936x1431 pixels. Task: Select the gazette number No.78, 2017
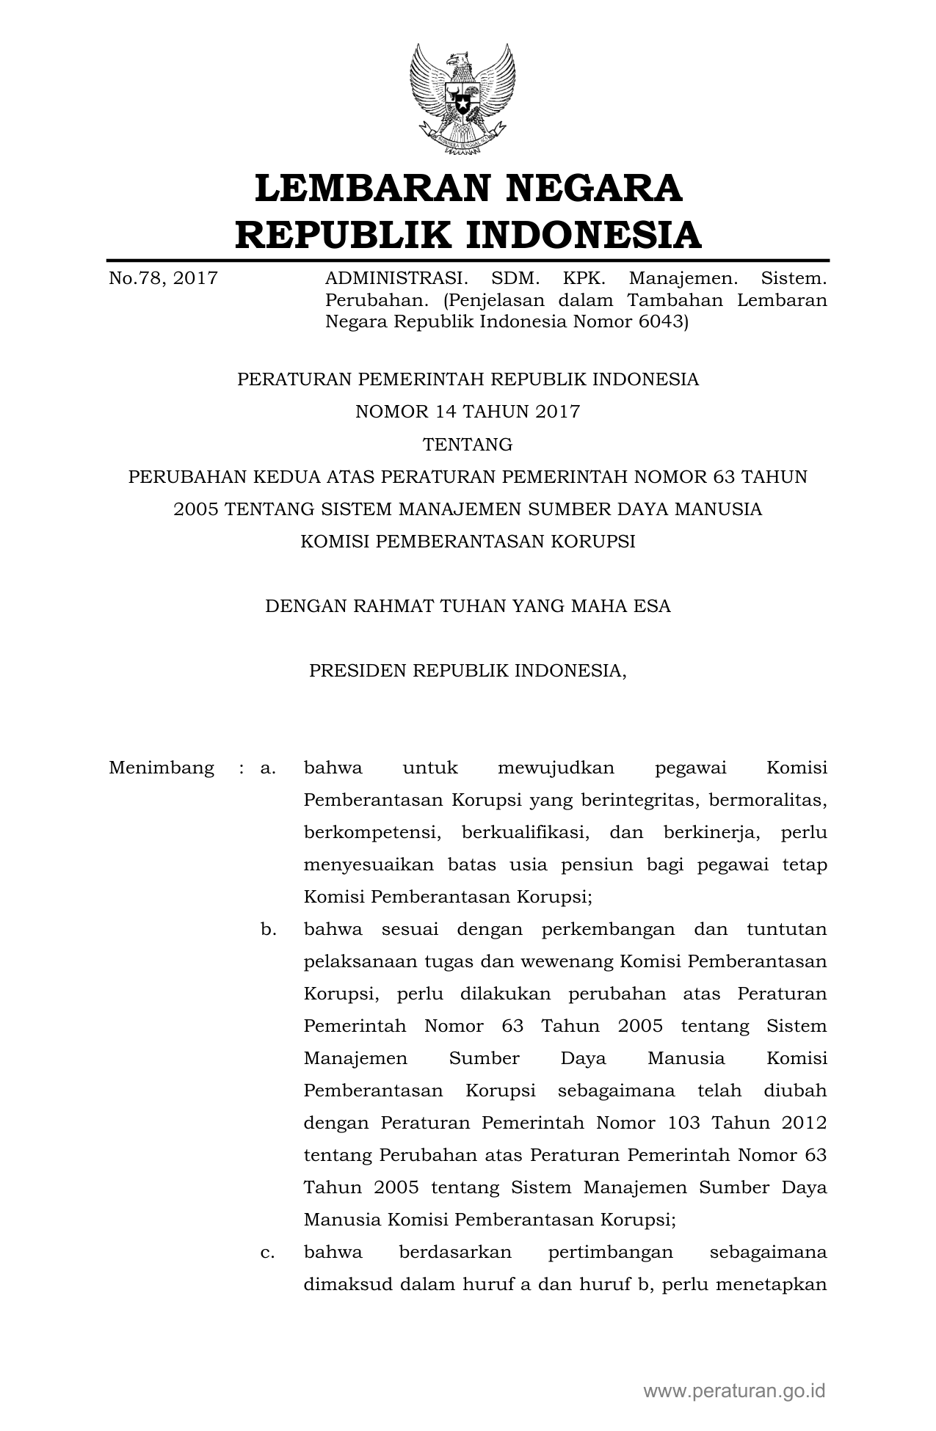(x=163, y=278)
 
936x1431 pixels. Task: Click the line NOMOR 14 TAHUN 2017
(x=468, y=412)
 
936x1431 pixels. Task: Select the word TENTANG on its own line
(x=468, y=445)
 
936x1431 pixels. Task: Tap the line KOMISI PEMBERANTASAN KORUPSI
(x=468, y=542)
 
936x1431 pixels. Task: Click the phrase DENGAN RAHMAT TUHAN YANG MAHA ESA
(x=468, y=606)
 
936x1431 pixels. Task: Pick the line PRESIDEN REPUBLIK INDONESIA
(x=468, y=671)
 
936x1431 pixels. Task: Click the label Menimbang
(x=162, y=768)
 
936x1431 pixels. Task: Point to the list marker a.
(x=268, y=768)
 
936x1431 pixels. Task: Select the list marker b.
(x=268, y=930)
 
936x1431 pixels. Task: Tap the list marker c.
(x=268, y=1253)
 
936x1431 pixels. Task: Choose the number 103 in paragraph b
(x=683, y=1123)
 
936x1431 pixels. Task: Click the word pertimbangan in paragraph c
(x=610, y=1252)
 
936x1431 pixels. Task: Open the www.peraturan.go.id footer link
(x=735, y=1391)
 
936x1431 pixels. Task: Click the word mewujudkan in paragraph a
(x=556, y=768)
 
